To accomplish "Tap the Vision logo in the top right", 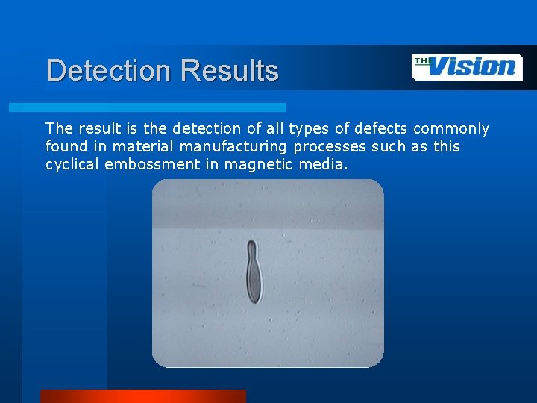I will coord(467,66).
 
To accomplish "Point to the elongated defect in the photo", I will coord(254,272).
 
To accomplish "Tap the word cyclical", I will coord(73,164).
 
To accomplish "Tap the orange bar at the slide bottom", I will coord(142,396).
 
